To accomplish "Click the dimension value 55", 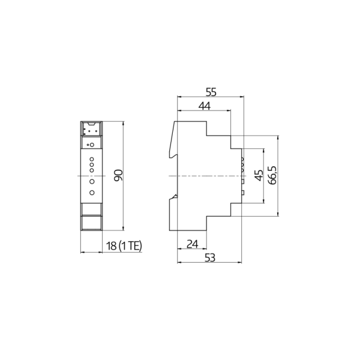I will click(x=211, y=92).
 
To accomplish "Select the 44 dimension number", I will click(x=205, y=106).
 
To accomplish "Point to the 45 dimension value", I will click(x=259, y=176).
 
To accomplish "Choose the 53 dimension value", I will click(x=209, y=257).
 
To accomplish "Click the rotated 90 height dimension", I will click(x=118, y=175).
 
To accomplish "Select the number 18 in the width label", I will click(x=112, y=246).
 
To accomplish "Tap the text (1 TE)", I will click(x=130, y=246).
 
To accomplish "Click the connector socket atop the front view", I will click(x=91, y=128).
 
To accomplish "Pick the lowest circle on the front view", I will click(x=92, y=193).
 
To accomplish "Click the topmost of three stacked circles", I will click(x=92, y=157).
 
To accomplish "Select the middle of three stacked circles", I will click(x=92, y=163).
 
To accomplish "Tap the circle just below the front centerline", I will click(x=92, y=181).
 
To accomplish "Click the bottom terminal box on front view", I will click(x=92, y=223).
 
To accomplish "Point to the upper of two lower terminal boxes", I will click(x=92, y=209).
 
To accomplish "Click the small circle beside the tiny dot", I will click(x=92, y=145).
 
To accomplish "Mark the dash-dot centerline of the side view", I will click(x=204, y=175).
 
